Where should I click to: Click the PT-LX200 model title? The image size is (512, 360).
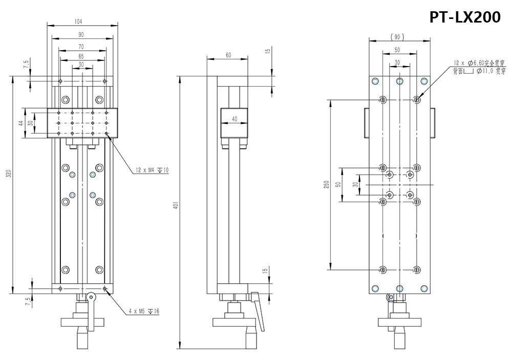465,17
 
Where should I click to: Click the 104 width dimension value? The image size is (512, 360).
78,22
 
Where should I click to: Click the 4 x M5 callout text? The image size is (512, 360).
143,311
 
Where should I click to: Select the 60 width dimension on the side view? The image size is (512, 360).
227,55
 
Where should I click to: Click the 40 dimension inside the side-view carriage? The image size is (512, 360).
234,119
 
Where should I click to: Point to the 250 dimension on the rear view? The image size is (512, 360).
326,184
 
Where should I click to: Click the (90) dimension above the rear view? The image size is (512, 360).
397,37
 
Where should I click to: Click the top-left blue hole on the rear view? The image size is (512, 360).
375,81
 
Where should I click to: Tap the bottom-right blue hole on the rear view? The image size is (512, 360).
423,289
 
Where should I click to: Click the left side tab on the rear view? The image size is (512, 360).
366,123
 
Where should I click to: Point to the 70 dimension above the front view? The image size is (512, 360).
81,47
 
